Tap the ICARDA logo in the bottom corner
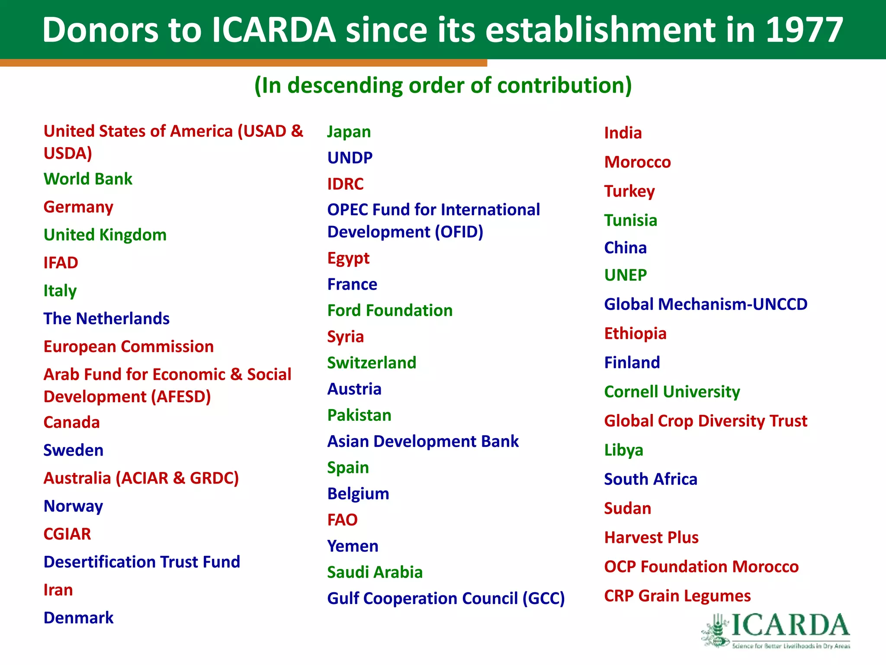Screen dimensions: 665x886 777,630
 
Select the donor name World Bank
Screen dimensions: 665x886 88,179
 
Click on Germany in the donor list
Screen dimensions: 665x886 78,207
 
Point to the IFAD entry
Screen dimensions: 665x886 61,263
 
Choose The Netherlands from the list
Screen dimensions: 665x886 106,319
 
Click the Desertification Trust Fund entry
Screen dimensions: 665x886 141,562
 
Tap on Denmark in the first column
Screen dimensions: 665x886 78,618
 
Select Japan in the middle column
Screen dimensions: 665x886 349,132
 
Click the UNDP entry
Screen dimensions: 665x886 350,158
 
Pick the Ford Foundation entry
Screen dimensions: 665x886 390,310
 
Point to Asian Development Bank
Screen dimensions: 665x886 423,441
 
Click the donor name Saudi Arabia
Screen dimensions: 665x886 375,572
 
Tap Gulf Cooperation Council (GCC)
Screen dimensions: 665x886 446,598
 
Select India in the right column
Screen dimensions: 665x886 623,133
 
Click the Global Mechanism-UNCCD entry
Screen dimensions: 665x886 705,304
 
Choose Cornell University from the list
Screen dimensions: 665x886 672,392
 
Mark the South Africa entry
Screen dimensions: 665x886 650,479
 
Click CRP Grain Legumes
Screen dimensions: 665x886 677,596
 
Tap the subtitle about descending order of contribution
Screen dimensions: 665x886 443,85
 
